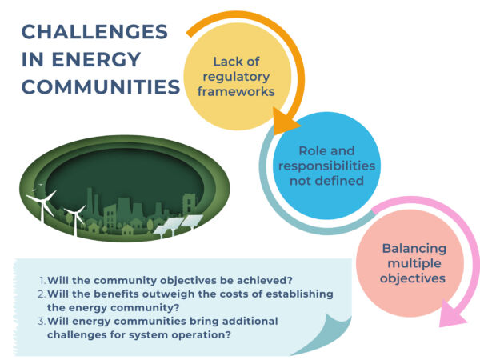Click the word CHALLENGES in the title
[x=94, y=31]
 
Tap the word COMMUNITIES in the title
[x=101, y=86]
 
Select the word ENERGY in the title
[x=96, y=59]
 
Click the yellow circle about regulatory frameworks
[x=237, y=77]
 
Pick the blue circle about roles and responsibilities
[x=326, y=166]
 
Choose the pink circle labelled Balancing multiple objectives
[x=410, y=263]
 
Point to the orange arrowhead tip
[x=301, y=126]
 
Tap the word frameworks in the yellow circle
[x=236, y=91]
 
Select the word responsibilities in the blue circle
[x=326, y=166]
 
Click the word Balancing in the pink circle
[x=414, y=248]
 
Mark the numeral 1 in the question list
[x=42, y=280]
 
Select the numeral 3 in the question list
[x=41, y=321]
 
